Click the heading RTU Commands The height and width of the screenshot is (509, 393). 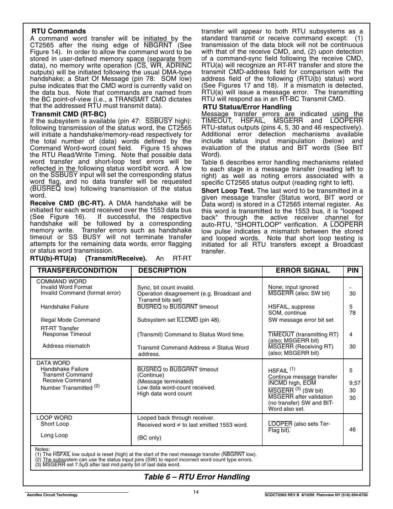coord(59,31)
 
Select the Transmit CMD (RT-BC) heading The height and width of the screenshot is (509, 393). coord(69,114)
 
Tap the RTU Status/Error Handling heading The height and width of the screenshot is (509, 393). coord(247,107)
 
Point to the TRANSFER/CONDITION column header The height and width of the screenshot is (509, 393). coord(77,271)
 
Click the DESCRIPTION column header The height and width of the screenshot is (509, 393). coord(162,271)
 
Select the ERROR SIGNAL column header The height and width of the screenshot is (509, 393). coord(303,271)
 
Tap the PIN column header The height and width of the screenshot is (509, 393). coord(352,271)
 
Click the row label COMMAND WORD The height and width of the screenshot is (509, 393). coord(61,282)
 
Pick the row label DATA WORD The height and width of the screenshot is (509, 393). coord(53,363)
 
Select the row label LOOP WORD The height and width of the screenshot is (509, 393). coord(54,418)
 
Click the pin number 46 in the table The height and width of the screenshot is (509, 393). coord(352,430)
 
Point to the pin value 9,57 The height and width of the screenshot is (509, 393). coord(354,383)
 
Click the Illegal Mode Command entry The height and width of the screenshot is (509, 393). coord(70,320)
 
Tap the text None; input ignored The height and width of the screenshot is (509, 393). coord(293,287)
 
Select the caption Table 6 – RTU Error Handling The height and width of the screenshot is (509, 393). coord(197,477)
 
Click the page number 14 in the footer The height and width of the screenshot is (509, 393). coord(196,492)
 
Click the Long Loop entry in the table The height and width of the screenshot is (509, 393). coord(54,435)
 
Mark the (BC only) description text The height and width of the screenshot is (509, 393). coord(149,438)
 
